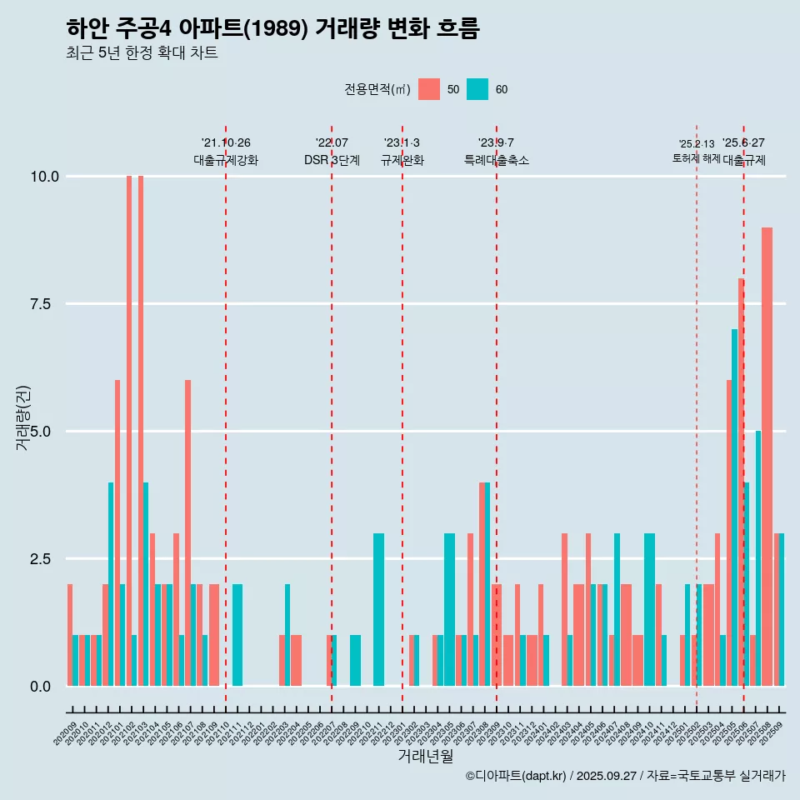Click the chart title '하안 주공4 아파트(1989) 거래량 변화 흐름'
click(272, 28)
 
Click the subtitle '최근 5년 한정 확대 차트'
click(142, 53)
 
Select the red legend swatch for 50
click(429, 89)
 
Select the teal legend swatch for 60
click(477, 89)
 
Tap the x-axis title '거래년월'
click(425, 756)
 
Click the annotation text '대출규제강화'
click(226, 160)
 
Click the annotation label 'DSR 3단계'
click(332, 160)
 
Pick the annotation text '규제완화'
click(402, 160)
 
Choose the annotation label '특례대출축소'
click(497, 160)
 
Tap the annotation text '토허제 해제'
click(697, 158)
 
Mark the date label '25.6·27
click(743, 143)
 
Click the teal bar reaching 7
click(734, 507)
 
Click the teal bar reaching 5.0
click(757, 558)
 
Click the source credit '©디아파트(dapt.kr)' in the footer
click(517, 776)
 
